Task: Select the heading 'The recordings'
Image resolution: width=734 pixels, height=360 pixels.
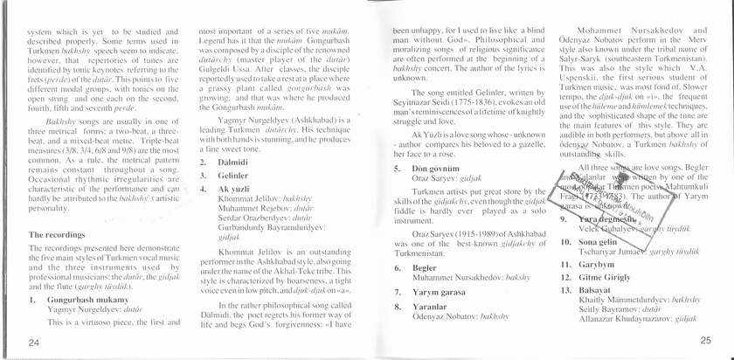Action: [59, 235]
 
